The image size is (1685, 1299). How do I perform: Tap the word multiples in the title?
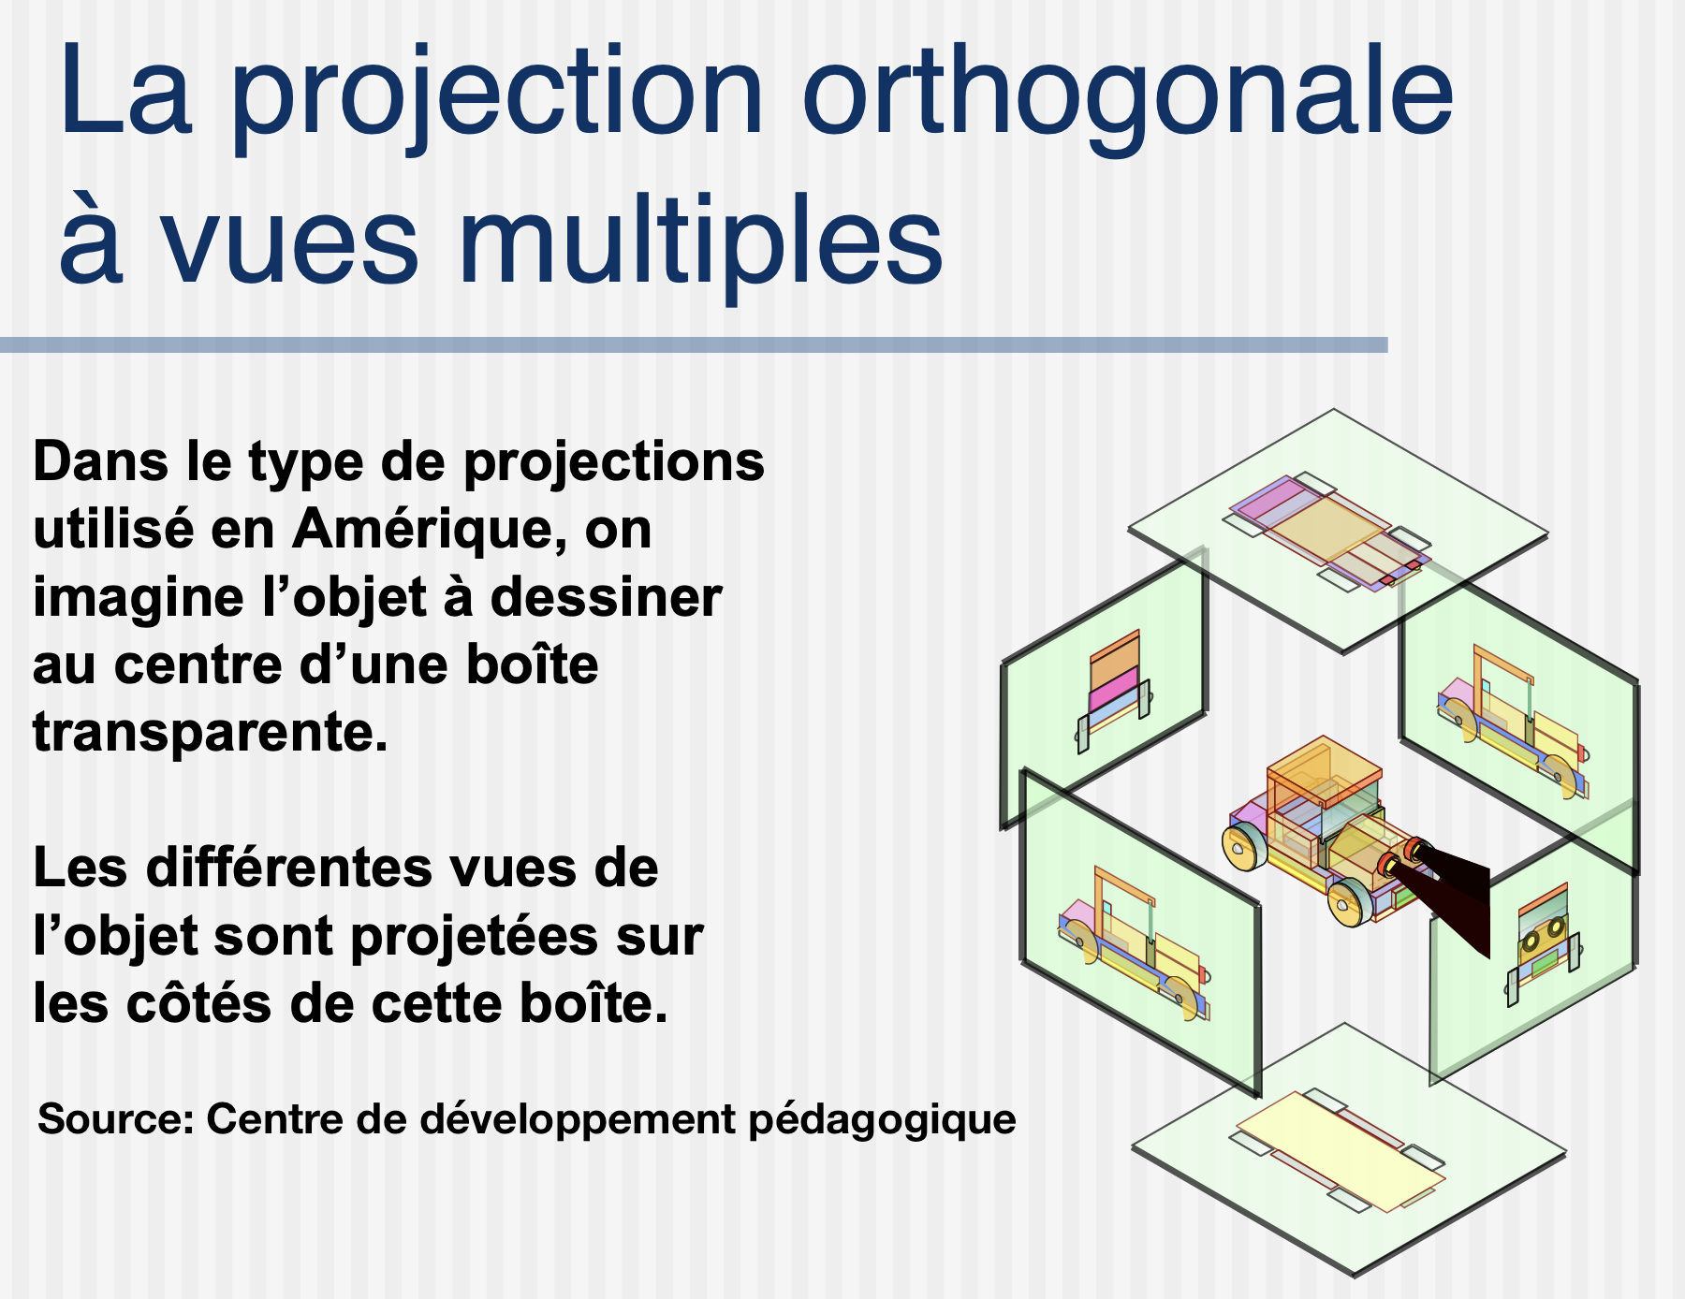tap(700, 241)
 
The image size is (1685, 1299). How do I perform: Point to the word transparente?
tap(211, 731)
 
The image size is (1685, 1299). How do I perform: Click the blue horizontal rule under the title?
tap(694, 345)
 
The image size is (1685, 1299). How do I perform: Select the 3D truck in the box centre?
tap(1329, 833)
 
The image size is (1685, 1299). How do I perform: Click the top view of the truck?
tap(1330, 532)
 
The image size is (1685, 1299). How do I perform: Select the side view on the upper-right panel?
tap(1513, 722)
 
